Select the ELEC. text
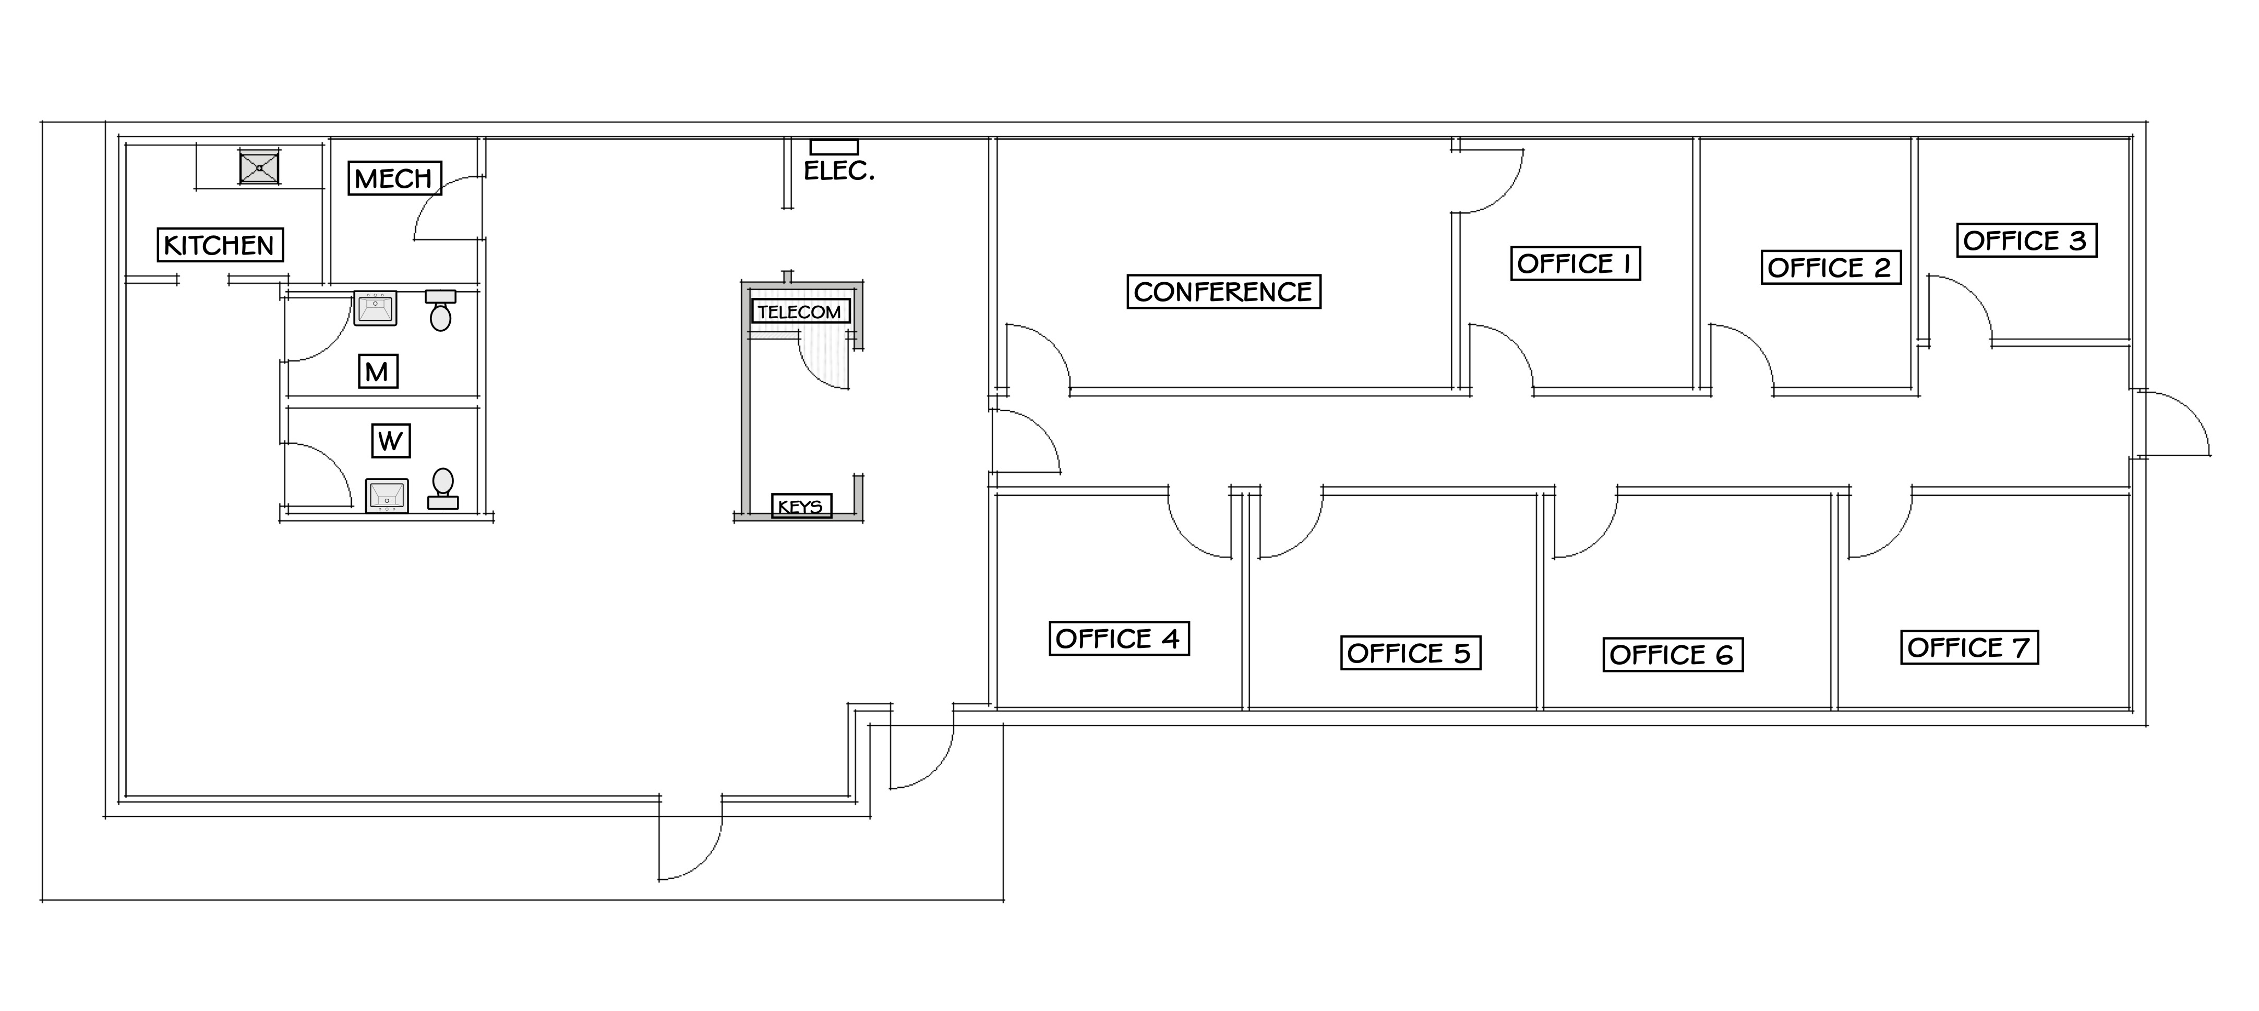pyautogui.click(x=839, y=171)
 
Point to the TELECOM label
pyautogui.click(x=800, y=311)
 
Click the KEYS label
pyautogui.click(x=801, y=506)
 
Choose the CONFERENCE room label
pyautogui.click(x=1223, y=291)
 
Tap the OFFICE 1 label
pyautogui.click(x=1575, y=263)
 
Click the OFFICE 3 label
pyautogui.click(x=2026, y=240)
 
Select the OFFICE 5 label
pyautogui.click(x=1410, y=653)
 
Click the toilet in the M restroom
pyautogui.click(x=440, y=310)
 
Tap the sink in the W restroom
pyautogui.click(x=387, y=496)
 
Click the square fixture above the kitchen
pyautogui.click(x=260, y=166)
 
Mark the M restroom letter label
pyautogui.click(x=378, y=372)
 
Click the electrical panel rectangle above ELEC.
pyautogui.click(x=834, y=147)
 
